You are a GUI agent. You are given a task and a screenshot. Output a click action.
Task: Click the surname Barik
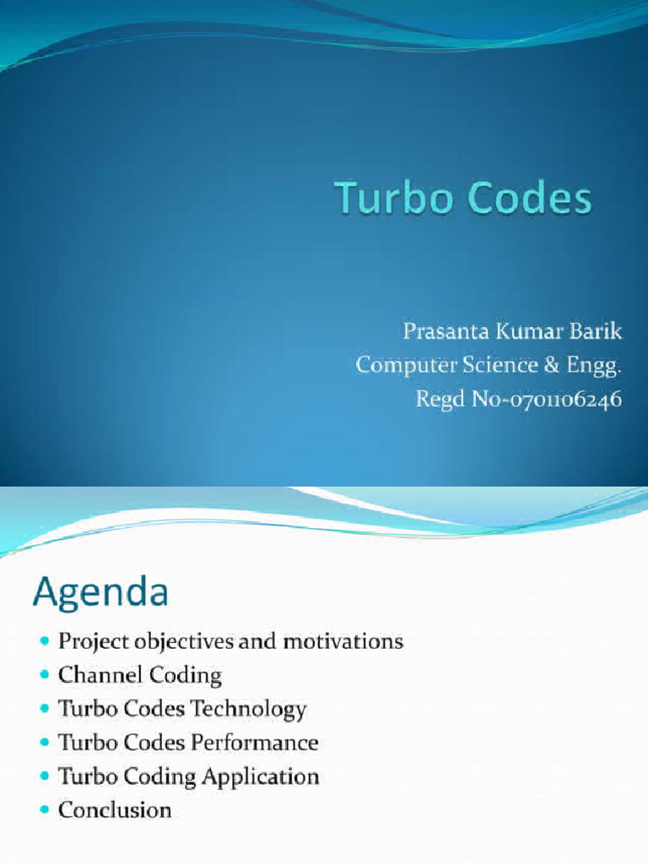(x=595, y=331)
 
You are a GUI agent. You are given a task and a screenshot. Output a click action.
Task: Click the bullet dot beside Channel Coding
(x=45, y=675)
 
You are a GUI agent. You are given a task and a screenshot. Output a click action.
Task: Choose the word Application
(x=262, y=776)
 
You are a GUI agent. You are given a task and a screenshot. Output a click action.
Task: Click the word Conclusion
(x=115, y=810)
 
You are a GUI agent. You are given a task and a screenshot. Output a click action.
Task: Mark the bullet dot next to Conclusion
(x=45, y=810)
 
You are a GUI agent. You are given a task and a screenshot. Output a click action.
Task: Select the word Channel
(x=92, y=675)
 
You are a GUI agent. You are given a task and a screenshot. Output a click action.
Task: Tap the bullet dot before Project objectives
(x=45, y=642)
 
